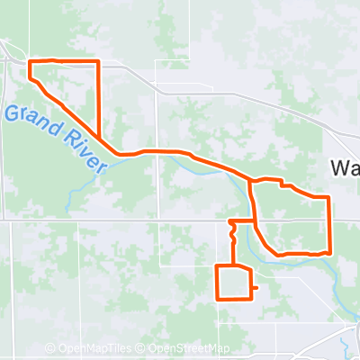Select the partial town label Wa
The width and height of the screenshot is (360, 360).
click(345, 167)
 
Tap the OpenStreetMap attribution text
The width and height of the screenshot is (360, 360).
click(188, 349)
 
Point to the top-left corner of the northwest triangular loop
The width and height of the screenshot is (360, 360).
click(31, 61)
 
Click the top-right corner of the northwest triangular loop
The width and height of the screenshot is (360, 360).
click(96, 61)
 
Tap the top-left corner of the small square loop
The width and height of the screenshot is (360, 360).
click(217, 266)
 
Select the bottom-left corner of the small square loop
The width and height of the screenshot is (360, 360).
click(217, 298)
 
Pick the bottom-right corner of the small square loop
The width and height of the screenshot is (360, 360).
click(249, 298)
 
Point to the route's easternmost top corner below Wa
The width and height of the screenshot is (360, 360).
click(330, 196)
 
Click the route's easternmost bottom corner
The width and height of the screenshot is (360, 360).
click(330, 253)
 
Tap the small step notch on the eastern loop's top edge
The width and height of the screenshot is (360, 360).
click(284, 186)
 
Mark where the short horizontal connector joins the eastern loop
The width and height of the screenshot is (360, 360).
click(254, 220)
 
